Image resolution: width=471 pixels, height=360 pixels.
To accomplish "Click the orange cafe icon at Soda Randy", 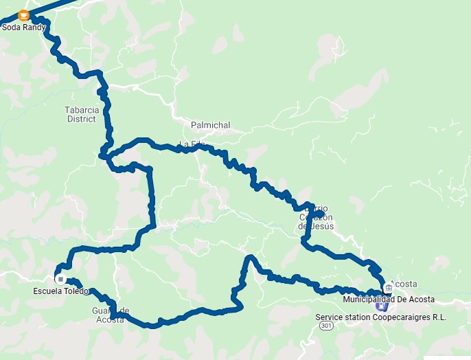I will [x=24, y=15].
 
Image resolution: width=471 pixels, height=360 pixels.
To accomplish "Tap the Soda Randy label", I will [x=24, y=27].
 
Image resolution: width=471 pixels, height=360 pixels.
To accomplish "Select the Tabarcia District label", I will [x=81, y=114].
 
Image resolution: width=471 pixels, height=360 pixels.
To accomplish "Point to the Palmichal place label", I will [x=211, y=126].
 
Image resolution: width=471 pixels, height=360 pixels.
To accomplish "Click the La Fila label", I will [x=192, y=144].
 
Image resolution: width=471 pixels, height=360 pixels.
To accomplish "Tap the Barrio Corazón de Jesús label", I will [x=317, y=217].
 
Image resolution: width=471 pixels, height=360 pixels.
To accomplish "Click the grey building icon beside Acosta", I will [x=389, y=287].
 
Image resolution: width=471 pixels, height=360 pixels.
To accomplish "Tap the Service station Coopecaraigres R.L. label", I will [x=381, y=317].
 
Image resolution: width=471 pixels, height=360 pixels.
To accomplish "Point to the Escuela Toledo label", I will [x=61, y=291].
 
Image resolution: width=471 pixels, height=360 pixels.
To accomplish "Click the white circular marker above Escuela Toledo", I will [x=60, y=279].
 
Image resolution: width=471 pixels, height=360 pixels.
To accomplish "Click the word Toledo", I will [x=77, y=291].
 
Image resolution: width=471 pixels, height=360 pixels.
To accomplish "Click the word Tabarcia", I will [x=82, y=109].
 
